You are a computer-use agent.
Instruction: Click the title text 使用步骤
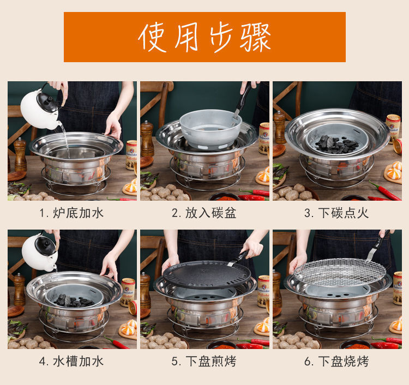point(204,37)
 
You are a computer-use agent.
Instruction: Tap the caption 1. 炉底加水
point(71,213)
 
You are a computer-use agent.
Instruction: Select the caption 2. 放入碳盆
point(204,213)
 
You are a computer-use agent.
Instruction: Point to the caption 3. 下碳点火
point(336,213)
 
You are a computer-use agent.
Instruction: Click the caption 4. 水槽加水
point(71,362)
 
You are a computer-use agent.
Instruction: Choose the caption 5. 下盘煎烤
point(204,362)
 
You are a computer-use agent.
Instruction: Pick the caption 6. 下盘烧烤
point(336,362)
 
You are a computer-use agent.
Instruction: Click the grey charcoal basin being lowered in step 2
point(210,129)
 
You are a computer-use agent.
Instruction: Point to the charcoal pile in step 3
point(336,144)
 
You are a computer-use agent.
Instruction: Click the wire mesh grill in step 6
point(340,272)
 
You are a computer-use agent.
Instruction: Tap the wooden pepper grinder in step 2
point(147,139)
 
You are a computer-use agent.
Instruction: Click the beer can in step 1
point(131,155)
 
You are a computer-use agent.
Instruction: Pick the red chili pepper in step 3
point(385,190)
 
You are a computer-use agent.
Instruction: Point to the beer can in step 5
point(263,291)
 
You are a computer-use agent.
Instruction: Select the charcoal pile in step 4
point(74,301)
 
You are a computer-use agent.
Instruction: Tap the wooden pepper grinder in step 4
point(20,290)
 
